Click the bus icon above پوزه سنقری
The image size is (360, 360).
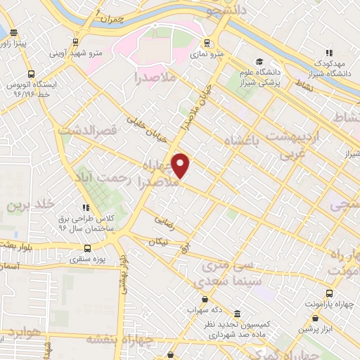pos(87,247)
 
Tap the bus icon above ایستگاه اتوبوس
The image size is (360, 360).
pos(31,73)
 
